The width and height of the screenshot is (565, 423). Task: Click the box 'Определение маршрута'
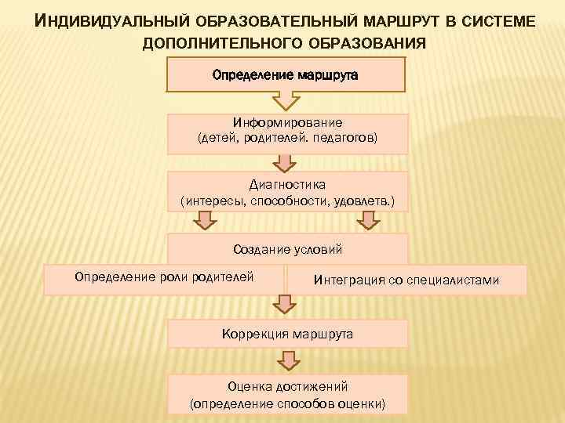[x=286, y=75]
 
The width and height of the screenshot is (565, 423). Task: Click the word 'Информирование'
[x=287, y=123]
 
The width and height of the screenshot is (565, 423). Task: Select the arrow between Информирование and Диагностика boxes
[x=286, y=161]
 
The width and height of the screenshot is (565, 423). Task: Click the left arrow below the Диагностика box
[x=205, y=222]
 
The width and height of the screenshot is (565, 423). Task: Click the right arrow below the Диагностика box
[x=367, y=222]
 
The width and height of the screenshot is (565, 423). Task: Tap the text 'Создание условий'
[x=287, y=250]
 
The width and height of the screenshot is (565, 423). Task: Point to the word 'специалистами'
[x=453, y=279]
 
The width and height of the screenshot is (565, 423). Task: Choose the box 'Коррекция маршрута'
[x=287, y=334]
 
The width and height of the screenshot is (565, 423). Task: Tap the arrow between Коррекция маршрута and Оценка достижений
[x=287, y=360]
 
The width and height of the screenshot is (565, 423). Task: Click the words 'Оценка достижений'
[x=287, y=387]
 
